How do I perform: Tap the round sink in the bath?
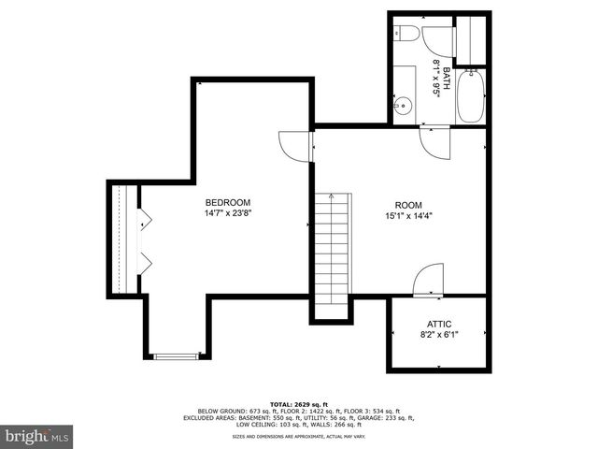pos(403,106)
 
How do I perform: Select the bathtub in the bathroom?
pos(470,96)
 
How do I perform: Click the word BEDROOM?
pos(228,202)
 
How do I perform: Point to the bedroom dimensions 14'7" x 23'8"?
pos(228,213)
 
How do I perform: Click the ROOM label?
pos(408,206)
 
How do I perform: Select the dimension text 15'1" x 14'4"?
pos(408,217)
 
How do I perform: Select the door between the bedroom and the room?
pos(294,147)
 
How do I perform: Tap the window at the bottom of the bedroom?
pos(176,355)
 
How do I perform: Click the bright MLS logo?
pos(36,436)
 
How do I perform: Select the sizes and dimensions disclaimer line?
pos(298,436)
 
